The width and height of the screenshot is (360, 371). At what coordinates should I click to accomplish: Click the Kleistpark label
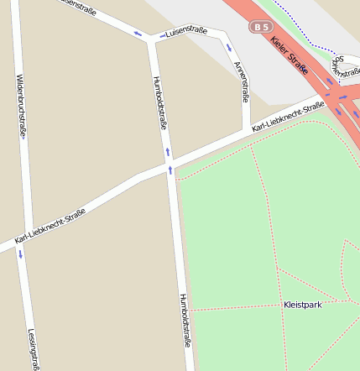coord(302,305)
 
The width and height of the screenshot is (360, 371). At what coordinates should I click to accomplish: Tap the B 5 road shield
coord(260,28)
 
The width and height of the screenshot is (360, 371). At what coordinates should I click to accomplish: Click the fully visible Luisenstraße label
coord(185,33)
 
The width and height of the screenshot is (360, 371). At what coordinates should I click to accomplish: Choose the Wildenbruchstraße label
coord(19,105)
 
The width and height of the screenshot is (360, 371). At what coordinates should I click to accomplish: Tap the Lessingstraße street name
coord(33,348)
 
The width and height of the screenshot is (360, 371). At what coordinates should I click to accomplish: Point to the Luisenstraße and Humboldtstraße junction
coord(150,39)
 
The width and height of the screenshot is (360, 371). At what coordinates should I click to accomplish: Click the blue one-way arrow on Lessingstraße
coord(21,253)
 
